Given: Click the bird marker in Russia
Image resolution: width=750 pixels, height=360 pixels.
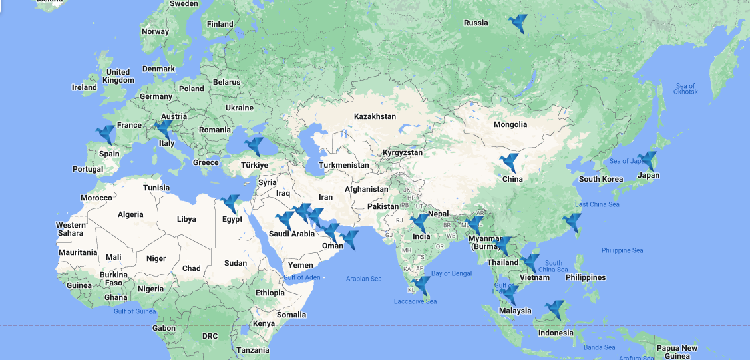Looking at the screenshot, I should (x=517, y=23).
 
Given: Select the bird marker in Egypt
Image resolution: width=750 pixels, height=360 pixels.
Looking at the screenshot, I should (x=230, y=204).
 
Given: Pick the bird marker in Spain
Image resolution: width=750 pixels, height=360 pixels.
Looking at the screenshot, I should (x=106, y=135).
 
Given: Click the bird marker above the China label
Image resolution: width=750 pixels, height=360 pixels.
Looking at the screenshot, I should (x=509, y=162).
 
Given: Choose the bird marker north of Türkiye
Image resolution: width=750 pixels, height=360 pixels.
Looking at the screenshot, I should (x=254, y=146).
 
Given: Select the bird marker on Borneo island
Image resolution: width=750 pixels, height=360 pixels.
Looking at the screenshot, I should (x=554, y=310).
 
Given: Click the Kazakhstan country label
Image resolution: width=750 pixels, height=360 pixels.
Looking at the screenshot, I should (x=375, y=116).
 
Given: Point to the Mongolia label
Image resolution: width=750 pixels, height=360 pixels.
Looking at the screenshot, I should (x=510, y=124).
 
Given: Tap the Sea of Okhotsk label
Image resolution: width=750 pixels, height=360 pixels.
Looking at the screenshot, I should (x=685, y=89).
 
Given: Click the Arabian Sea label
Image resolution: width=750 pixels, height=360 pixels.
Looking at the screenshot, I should (x=364, y=279).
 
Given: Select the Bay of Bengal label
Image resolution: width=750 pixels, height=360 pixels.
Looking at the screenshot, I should (x=452, y=273).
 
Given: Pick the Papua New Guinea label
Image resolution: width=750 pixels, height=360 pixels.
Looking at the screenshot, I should (x=677, y=352).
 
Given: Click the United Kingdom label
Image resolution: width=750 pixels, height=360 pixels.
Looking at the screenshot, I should (x=120, y=76).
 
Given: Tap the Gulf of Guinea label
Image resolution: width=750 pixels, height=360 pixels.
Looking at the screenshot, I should (x=134, y=311).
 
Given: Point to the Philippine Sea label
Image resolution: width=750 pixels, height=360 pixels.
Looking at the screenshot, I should (x=622, y=250).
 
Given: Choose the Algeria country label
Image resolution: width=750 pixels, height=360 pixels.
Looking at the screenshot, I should (x=130, y=214).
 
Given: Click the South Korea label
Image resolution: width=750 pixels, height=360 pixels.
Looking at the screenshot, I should (x=601, y=179).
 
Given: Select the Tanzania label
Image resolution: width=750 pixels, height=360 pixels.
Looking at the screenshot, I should (x=253, y=350).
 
